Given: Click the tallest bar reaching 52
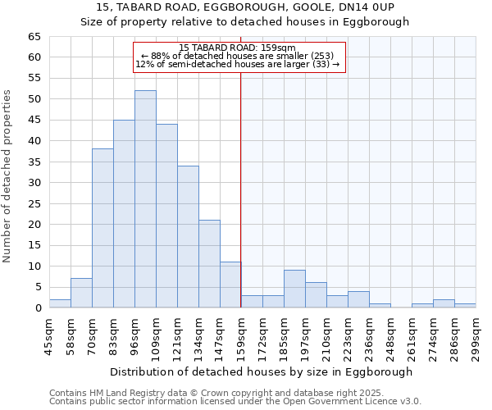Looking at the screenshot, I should [145, 199].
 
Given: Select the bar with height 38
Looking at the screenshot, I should [102, 228].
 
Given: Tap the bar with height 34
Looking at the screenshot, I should [188, 237].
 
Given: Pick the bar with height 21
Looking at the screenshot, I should [209, 264].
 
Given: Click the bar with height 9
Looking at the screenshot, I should [294, 289].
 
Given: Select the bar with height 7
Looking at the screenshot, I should [81, 293].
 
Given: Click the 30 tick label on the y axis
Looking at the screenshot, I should [34, 183].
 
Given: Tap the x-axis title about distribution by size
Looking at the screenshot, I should [262, 371].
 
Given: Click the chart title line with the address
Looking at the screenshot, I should [244, 7].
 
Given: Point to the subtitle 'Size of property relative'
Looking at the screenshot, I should [244, 22].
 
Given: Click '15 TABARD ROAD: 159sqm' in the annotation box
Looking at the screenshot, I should [237, 48].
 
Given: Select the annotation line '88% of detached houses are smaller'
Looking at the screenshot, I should [237, 56].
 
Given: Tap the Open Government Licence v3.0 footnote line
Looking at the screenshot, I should [235, 402].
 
